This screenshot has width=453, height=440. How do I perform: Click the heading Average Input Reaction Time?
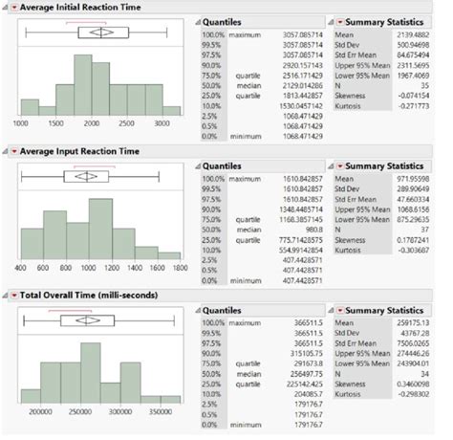[80, 152]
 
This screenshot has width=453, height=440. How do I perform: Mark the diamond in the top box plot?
[100, 32]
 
